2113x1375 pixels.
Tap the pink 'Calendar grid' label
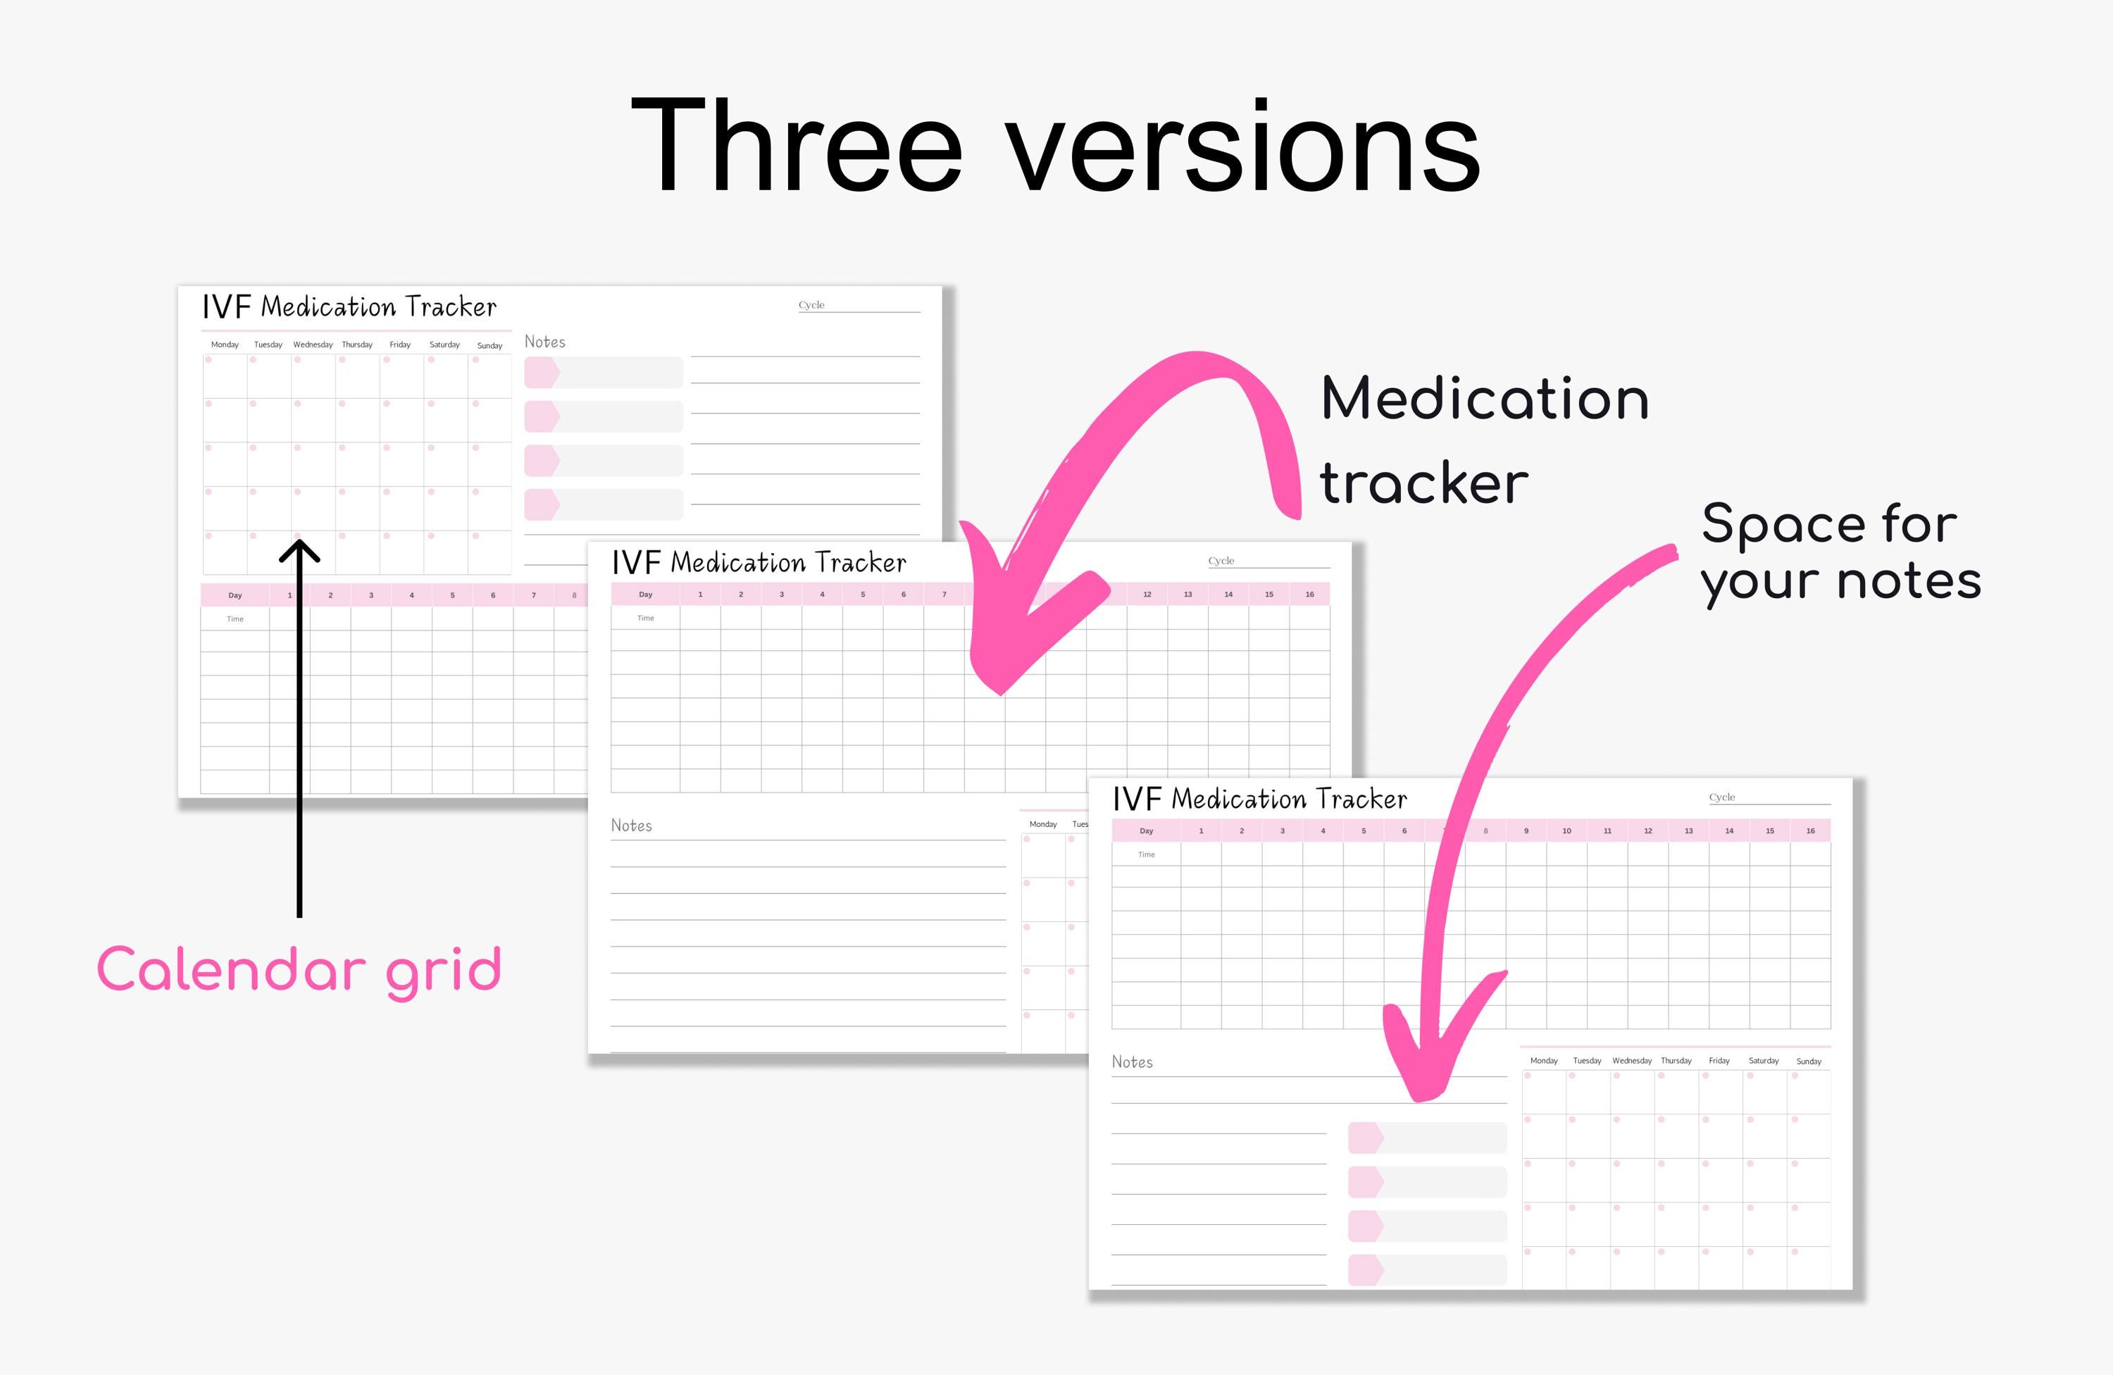(x=299, y=969)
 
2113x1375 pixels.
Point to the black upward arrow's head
(x=299, y=550)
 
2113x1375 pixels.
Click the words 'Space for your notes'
(x=1840, y=552)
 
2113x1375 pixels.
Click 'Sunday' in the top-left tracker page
(x=490, y=345)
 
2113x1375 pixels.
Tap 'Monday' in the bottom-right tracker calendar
(x=1544, y=1061)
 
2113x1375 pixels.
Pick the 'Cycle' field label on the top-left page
(x=811, y=305)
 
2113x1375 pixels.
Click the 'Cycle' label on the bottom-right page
(x=1721, y=797)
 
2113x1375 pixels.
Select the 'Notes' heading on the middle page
(x=631, y=826)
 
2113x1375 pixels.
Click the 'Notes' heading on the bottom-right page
(x=1132, y=1062)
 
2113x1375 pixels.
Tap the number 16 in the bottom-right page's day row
(x=1810, y=831)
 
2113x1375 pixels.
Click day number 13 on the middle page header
(x=1188, y=594)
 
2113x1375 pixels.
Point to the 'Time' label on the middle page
(x=645, y=618)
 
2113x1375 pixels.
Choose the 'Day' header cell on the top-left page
(x=235, y=595)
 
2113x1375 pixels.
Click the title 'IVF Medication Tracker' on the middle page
(x=759, y=563)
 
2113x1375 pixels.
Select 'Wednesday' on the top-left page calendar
(x=313, y=344)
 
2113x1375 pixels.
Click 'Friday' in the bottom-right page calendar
(x=1719, y=1061)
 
